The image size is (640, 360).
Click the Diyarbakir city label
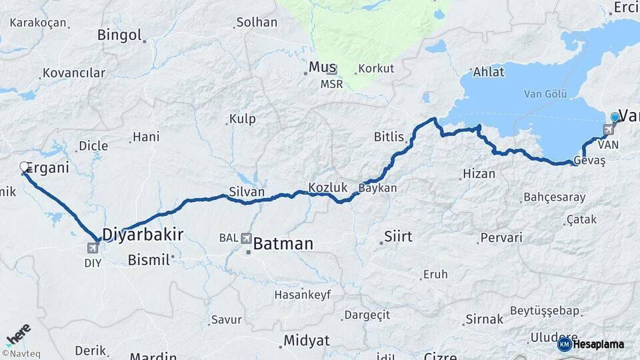point(142,234)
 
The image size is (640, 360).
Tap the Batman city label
point(283,244)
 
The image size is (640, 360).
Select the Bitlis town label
point(389,137)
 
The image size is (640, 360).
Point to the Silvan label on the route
point(247,192)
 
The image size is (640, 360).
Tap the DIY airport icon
point(92,248)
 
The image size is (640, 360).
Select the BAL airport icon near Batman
point(247,237)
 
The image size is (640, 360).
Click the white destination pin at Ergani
point(25,167)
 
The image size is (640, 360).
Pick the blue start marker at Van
point(615,117)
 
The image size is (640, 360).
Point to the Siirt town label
point(398,237)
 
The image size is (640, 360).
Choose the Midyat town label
point(306,341)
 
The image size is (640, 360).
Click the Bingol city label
point(120,35)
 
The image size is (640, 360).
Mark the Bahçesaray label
point(554,197)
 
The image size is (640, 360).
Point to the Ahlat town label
point(489,72)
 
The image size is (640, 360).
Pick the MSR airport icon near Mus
point(332,70)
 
